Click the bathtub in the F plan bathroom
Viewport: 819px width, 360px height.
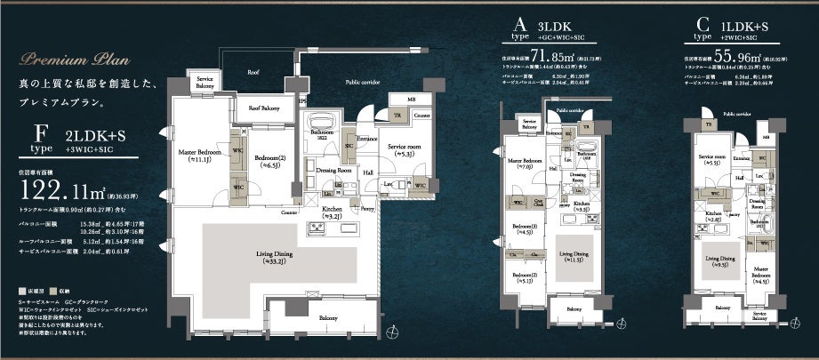pos(321,121)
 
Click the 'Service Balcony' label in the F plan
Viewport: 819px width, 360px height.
pos(210,84)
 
